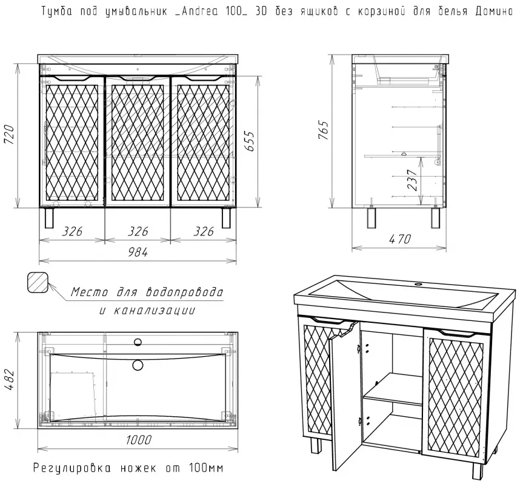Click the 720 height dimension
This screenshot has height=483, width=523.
point(9,135)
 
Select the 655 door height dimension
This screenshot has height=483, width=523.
point(249,141)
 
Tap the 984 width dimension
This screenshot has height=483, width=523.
point(138,252)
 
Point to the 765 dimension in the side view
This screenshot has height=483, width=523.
point(324,130)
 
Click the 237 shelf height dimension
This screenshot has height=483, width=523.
point(412,180)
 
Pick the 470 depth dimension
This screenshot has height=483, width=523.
point(400,239)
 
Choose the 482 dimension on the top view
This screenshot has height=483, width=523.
point(9,380)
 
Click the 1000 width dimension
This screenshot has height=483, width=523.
point(139,440)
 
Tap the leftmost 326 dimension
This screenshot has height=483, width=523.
point(72,231)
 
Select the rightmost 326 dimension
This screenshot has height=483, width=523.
point(204,231)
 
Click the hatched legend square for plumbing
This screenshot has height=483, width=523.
point(38,282)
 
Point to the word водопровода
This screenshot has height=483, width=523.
point(184,292)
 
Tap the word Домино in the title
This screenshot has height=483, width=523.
point(495,12)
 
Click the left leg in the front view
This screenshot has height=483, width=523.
point(49,217)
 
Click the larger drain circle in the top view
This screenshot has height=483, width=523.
point(138,365)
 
